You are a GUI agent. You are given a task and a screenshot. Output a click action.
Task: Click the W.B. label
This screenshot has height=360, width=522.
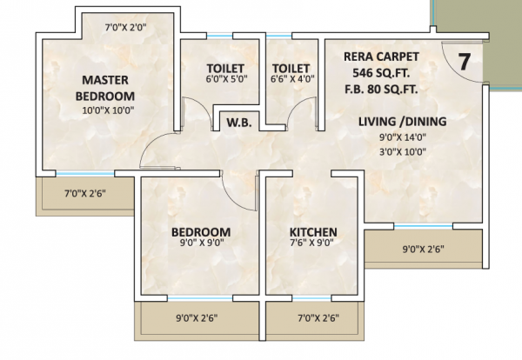239,123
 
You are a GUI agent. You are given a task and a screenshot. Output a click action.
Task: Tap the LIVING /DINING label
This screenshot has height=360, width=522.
402,121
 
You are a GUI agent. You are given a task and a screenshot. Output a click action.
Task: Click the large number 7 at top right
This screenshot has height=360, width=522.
465,62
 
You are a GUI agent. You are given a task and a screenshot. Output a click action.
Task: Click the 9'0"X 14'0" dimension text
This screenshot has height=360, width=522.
402,136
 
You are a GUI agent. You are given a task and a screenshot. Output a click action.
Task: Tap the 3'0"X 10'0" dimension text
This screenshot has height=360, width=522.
402,150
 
